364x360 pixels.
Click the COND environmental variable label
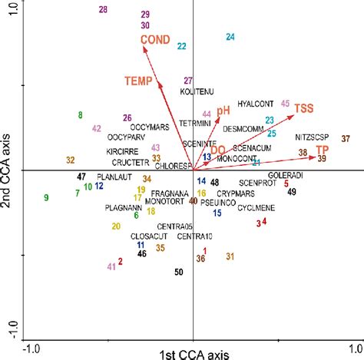pos(156,40)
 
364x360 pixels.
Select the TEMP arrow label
pos(140,80)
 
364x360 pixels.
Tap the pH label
pos(223,111)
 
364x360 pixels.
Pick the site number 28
pos(104,9)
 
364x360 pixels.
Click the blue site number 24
pos(230,37)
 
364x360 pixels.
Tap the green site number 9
pos(46,197)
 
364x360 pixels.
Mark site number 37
pos(346,138)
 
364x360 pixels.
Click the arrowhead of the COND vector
pos(144,48)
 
